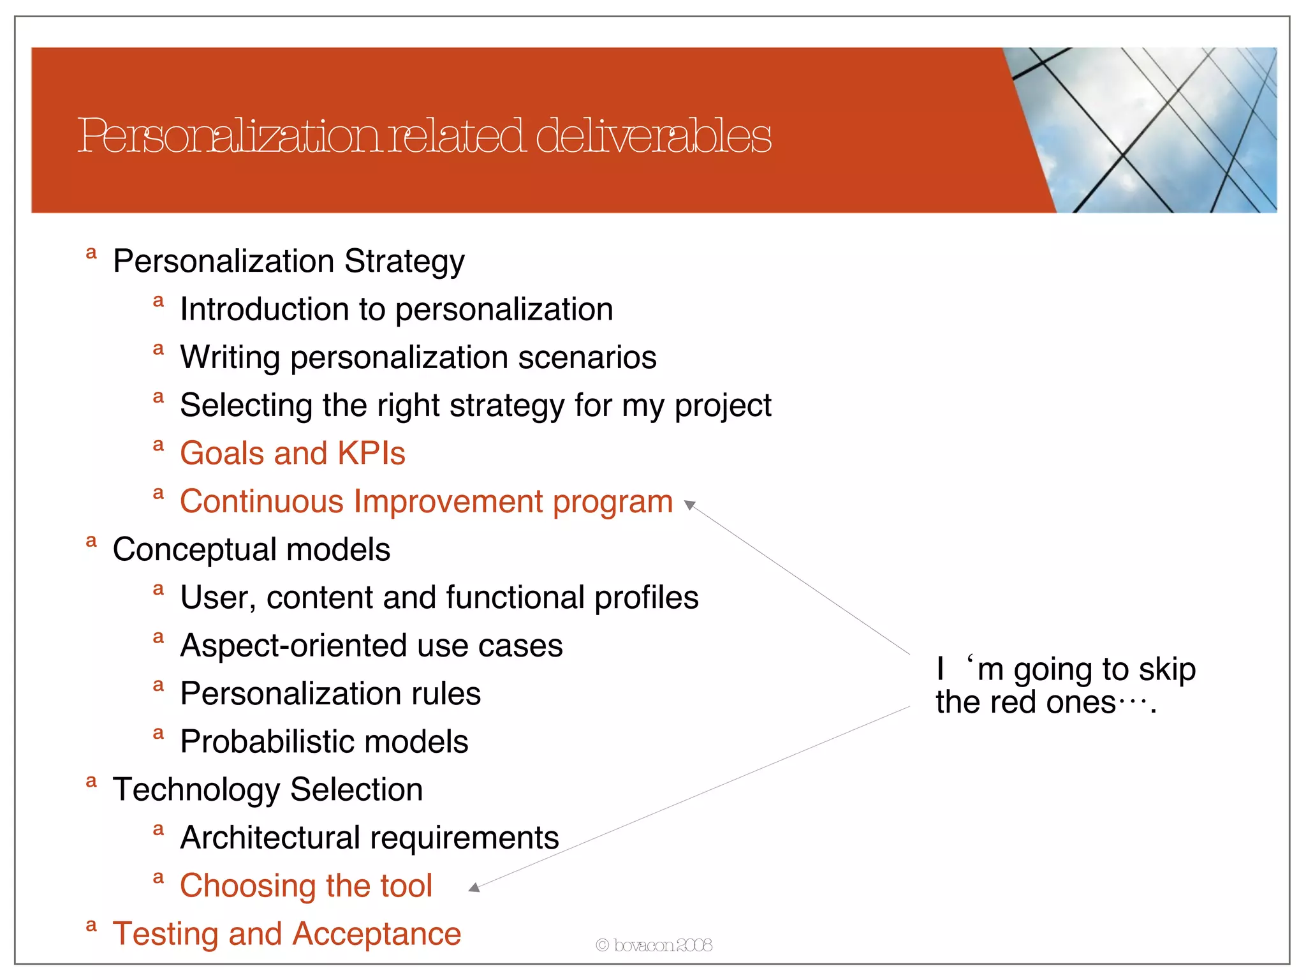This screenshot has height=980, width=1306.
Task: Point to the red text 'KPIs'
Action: point(371,454)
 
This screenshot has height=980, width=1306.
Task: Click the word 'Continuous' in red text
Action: point(261,501)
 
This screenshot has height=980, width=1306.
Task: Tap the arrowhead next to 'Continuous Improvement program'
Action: point(689,505)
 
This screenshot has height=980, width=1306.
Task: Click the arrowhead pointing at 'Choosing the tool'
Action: point(474,887)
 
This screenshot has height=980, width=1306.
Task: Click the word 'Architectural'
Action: point(270,838)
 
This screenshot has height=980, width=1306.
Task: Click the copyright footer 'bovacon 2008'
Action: point(654,945)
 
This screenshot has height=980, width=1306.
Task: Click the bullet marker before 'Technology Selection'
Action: point(91,782)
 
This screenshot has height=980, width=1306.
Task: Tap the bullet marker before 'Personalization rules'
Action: point(159,686)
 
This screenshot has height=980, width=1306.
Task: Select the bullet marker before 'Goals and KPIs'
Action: point(159,445)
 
